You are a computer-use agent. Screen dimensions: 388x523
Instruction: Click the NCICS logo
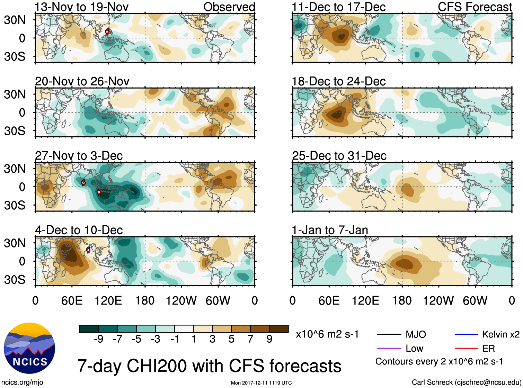point(29,348)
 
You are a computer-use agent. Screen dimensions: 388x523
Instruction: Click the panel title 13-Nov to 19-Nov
point(82,7)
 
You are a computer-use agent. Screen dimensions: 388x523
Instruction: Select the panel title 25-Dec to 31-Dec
point(339,156)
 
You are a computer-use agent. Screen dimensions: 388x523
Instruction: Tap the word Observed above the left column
point(229,7)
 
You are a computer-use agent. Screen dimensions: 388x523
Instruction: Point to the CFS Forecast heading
point(475,7)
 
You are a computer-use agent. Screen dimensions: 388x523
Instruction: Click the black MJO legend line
point(389,334)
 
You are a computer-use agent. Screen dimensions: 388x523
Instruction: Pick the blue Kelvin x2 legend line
point(466,334)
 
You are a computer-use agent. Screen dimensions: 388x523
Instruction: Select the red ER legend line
point(466,348)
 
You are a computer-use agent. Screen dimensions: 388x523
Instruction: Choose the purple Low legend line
point(389,348)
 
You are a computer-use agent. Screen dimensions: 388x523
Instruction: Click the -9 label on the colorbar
point(98,339)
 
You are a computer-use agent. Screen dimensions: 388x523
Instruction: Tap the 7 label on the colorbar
point(250,339)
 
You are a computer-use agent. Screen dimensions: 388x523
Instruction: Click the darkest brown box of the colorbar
point(279,329)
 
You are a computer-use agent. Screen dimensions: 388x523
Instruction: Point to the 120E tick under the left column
point(108,300)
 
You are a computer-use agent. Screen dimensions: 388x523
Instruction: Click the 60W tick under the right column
point(475,300)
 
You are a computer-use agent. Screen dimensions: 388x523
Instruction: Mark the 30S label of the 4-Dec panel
point(15,280)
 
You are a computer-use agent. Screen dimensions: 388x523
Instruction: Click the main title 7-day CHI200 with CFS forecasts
point(209,366)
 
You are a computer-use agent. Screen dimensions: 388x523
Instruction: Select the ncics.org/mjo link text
point(22,382)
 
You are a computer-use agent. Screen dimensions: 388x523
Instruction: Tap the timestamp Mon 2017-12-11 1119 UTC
point(261,383)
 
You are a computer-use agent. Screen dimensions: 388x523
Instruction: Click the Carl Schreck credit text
point(466,382)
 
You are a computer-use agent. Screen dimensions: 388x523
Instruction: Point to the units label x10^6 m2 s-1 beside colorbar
point(327,334)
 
